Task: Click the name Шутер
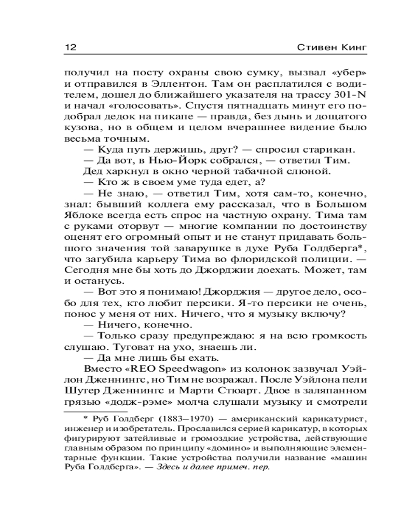tap(81, 391)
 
